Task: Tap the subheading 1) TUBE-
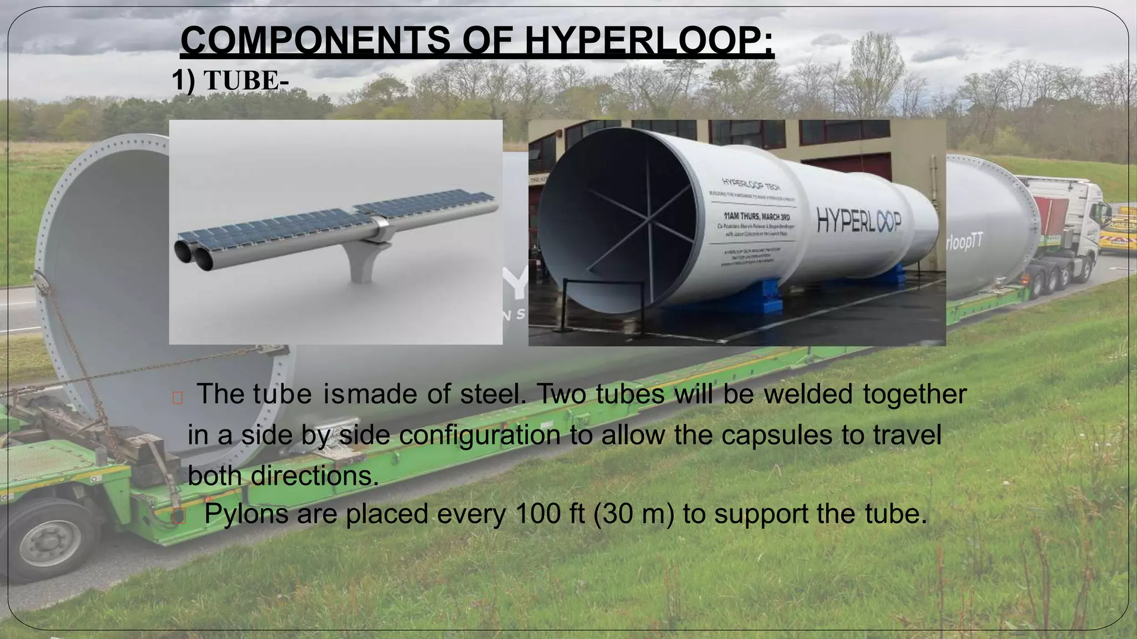230,80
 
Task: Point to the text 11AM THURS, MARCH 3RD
757,216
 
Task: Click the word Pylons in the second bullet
246,514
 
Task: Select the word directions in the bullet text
315,475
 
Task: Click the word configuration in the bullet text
480,434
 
